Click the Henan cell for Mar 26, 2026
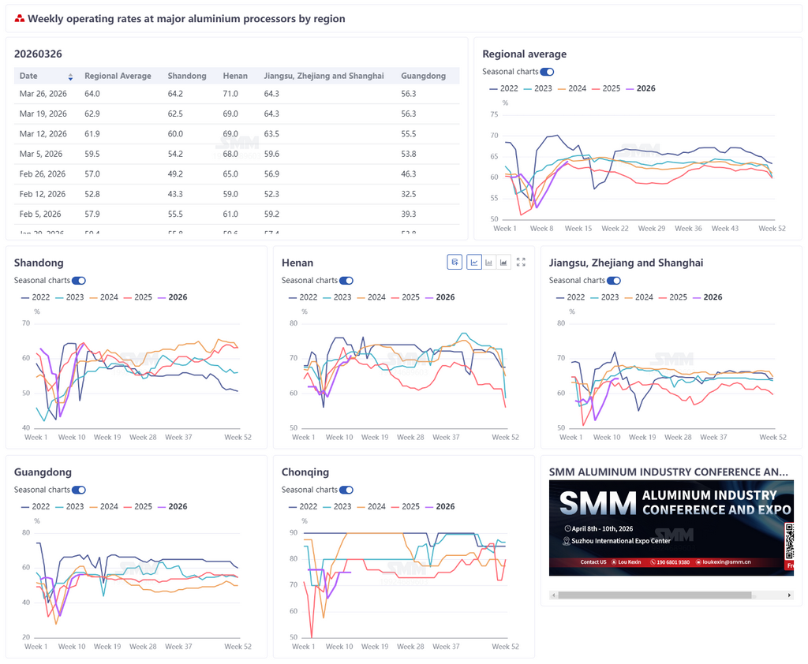(230, 94)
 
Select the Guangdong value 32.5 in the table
(409, 194)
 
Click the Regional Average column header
(118, 76)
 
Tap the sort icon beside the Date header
(70, 76)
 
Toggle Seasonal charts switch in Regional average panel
(547, 72)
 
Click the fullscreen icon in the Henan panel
(521, 262)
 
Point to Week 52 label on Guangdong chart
(238, 647)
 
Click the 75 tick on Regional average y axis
(494, 114)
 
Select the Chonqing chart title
(305, 472)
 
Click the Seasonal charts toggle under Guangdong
(79, 490)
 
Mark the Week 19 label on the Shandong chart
(107, 437)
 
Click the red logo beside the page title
(20, 19)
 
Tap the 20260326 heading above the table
(38, 54)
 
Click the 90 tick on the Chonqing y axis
(294, 533)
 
